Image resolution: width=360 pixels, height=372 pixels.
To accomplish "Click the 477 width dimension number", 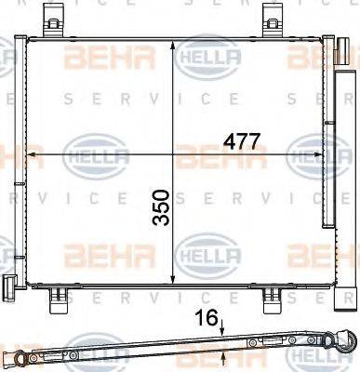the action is click(x=241, y=142).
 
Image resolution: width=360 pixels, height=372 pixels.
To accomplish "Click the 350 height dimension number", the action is click(x=162, y=207).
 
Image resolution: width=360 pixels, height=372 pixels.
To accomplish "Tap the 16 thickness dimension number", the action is click(x=207, y=318).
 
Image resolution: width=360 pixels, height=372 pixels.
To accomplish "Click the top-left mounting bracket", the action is click(x=55, y=19).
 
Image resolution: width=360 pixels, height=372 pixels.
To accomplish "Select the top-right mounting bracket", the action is click(x=273, y=19).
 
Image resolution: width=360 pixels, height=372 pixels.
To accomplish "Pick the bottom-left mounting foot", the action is click(x=57, y=300).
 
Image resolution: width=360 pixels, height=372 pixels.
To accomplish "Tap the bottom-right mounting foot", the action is click(x=271, y=300).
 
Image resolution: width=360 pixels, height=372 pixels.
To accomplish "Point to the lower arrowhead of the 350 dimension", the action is click(x=173, y=277).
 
